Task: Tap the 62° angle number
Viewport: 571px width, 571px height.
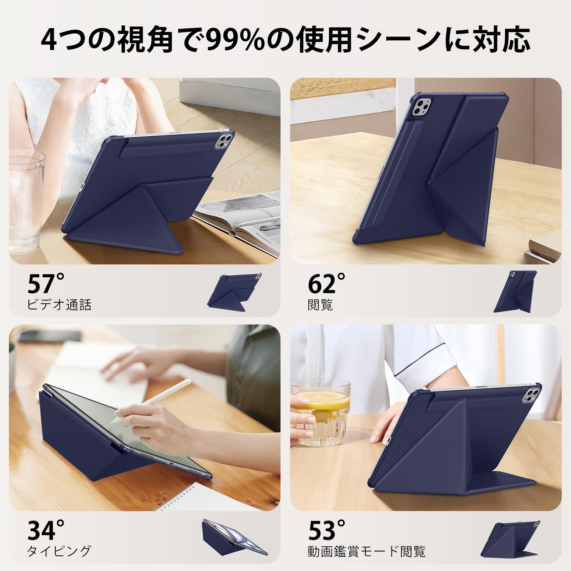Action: [327, 283]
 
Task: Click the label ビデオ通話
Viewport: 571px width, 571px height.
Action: [59, 304]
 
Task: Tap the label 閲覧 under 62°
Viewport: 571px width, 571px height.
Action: [320, 304]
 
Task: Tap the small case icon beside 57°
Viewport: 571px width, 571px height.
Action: [234, 290]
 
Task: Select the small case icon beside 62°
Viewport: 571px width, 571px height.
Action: [515, 291]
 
